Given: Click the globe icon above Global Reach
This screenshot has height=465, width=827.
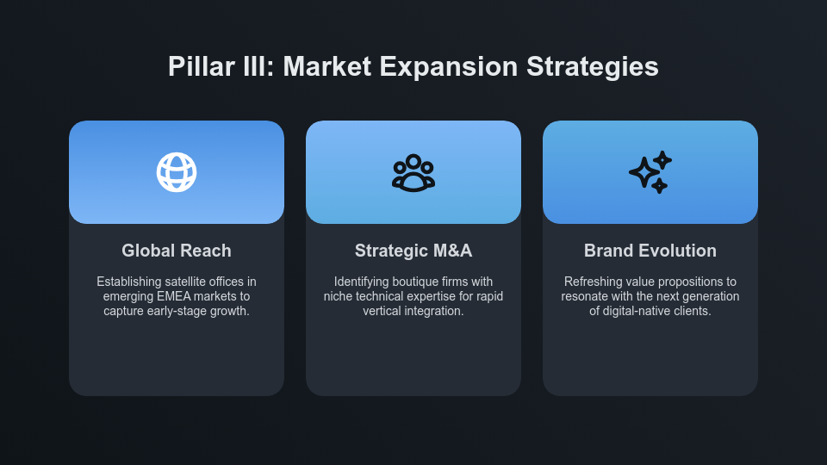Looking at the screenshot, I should (177, 172).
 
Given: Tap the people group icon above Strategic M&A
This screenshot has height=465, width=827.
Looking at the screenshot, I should (413, 172).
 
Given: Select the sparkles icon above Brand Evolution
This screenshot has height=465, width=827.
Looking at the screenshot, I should (650, 172).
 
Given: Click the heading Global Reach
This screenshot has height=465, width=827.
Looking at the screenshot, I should (177, 251).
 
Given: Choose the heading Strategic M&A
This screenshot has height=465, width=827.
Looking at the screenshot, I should (413, 251).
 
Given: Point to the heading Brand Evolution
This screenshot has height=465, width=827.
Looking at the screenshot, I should (650, 251).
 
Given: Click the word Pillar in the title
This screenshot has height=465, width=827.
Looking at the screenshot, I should (197, 67).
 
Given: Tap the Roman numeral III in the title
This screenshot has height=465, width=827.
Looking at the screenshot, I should (255, 67).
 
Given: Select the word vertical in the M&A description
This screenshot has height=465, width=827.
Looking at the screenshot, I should (383, 311).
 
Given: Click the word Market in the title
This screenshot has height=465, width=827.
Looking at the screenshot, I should (321, 67).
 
